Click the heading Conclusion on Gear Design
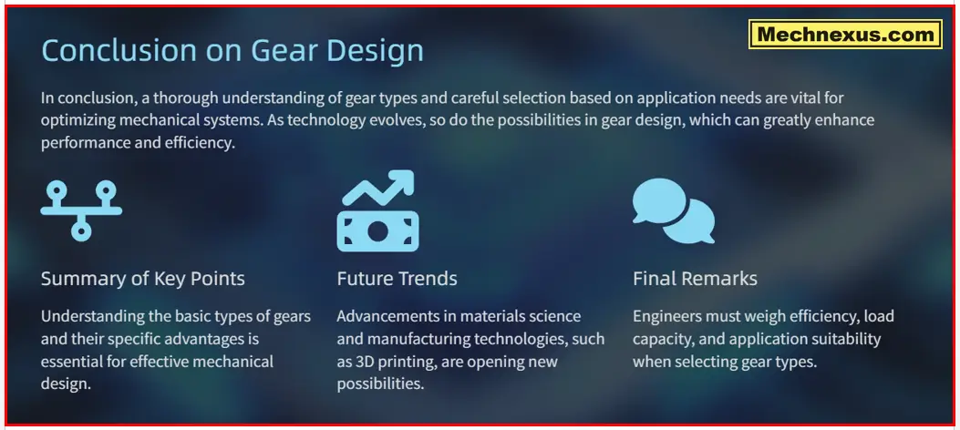pos(232,50)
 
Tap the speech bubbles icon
pos(674,210)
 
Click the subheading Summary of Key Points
pos(143,278)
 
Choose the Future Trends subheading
pos(397,278)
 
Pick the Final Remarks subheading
pos(695,278)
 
